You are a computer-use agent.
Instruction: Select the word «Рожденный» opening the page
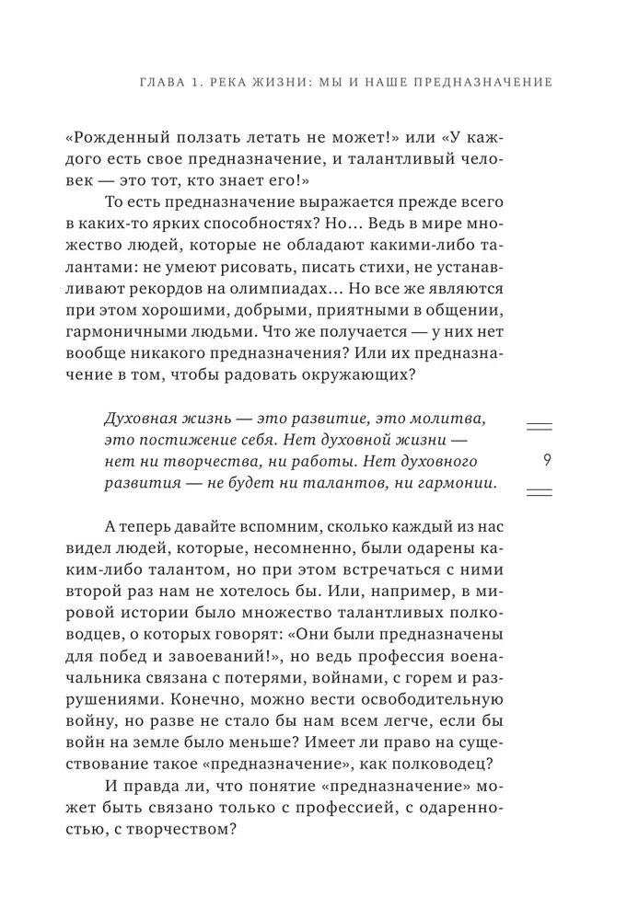coord(109,137)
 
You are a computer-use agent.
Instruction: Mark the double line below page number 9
coord(539,493)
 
